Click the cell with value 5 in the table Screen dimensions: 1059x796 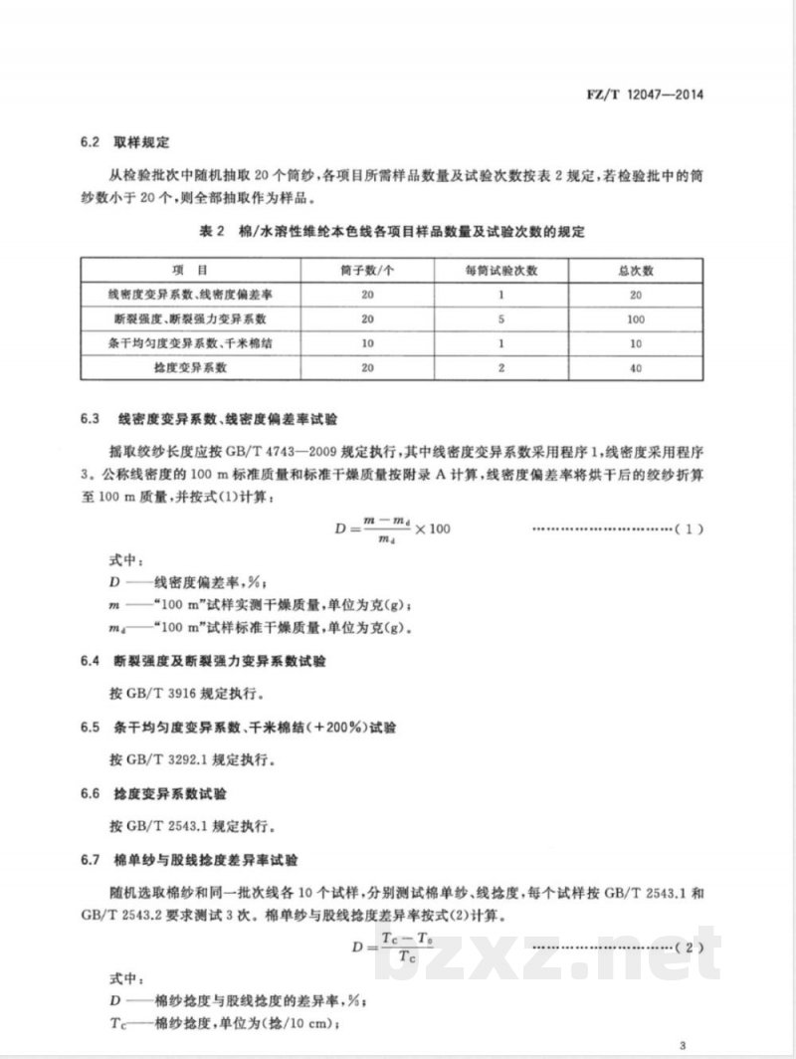tap(501, 319)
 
